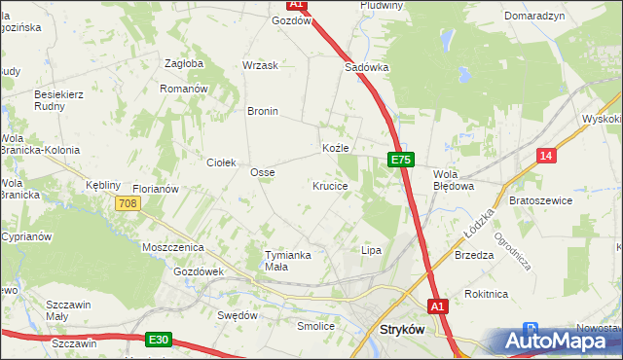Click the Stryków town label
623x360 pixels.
pos(399,331)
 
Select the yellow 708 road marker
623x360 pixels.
pos(127,203)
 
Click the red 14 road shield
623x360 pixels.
pos(547,156)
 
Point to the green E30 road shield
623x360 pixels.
pos(160,340)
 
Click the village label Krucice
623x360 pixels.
pos(330,185)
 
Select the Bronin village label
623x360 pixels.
pos(263,111)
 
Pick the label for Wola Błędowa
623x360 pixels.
pos(453,179)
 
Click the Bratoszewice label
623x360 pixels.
pos(540,199)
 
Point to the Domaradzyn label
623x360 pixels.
pos(534,17)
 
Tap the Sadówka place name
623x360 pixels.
pos(367,68)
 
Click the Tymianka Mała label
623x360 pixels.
pos(289,260)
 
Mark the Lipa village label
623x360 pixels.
pos(371,250)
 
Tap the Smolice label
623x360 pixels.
pos(315,326)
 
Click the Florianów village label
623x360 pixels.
pos(156,189)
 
